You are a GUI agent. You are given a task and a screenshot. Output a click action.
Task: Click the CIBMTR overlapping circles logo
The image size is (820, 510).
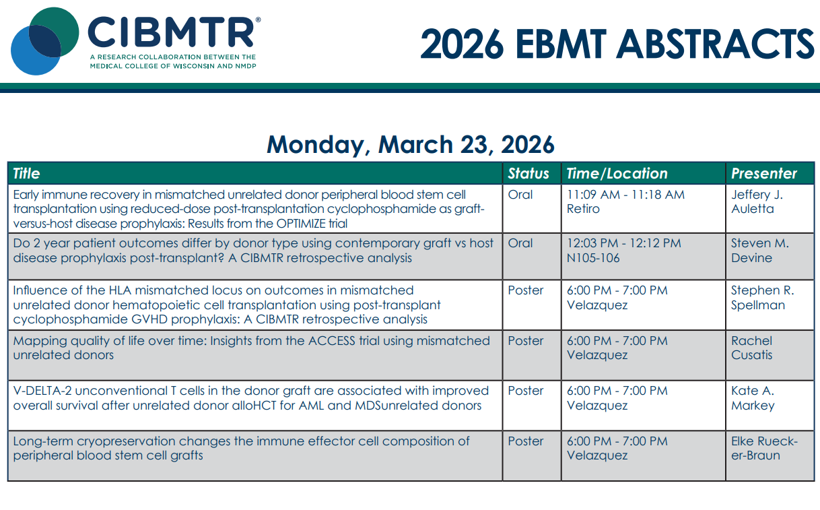point(44,41)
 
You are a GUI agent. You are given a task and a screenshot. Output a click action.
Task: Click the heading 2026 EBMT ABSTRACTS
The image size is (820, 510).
point(617,44)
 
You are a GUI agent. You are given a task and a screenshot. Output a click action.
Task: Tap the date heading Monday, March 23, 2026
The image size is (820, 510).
point(411,144)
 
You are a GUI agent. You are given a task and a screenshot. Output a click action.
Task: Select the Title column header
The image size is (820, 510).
point(26,173)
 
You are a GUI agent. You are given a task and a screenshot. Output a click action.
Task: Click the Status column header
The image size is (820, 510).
point(528,173)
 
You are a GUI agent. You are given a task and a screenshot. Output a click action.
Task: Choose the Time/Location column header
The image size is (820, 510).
point(617,173)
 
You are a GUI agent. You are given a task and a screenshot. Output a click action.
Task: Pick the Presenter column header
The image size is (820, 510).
point(764,173)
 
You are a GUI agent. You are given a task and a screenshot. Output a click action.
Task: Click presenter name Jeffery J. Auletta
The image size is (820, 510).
point(757,201)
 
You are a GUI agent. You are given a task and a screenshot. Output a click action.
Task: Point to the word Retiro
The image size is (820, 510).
point(583,209)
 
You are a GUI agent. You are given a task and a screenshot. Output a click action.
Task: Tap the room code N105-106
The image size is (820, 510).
point(593,258)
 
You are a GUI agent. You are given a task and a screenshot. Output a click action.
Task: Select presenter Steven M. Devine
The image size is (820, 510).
point(760,251)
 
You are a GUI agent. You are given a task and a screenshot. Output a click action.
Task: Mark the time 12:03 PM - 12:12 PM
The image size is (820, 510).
point(624,243)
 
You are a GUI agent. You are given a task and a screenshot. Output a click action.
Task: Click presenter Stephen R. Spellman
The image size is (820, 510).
point(763,298)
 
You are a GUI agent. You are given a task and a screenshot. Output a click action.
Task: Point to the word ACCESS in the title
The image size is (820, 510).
point(332,341)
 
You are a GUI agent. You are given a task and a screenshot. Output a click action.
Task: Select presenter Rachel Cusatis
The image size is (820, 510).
point(751,348)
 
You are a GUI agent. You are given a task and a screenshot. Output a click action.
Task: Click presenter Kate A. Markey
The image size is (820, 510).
point(753,398)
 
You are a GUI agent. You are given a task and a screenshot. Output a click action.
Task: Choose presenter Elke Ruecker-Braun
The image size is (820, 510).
point(764,448)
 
